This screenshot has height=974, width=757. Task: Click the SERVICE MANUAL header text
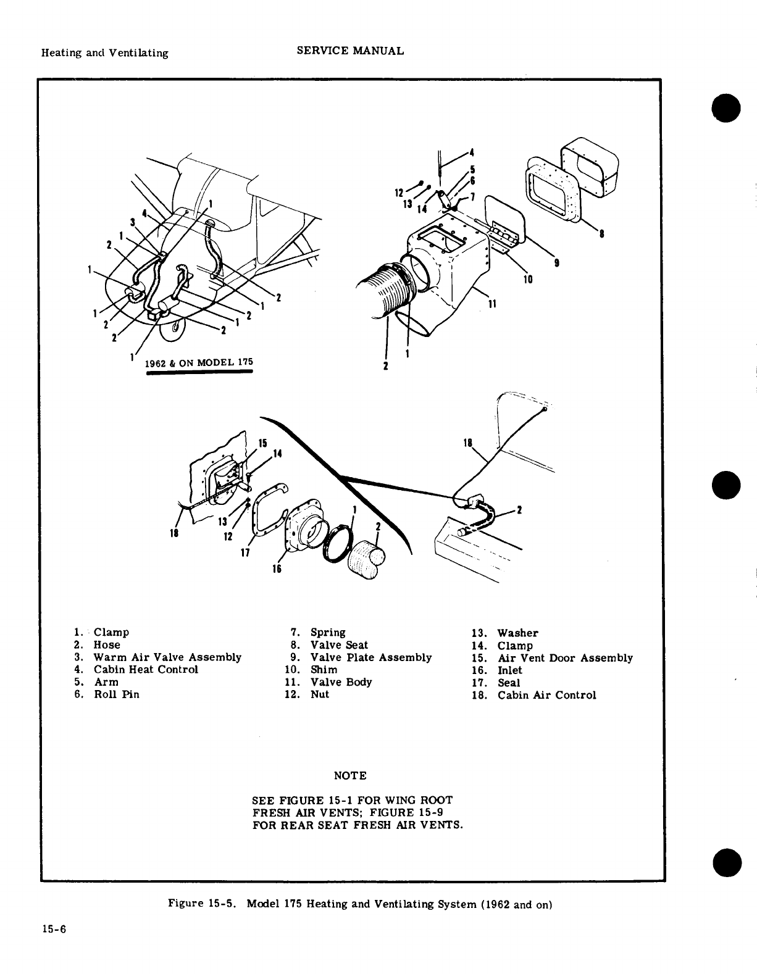pos(350,51)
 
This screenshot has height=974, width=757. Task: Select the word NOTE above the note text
pos(350,775)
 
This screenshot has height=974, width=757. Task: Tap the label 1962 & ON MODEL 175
pos(199,363)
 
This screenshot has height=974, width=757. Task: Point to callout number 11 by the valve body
pos(493,304)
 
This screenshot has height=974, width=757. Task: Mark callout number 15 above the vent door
pos(262,443)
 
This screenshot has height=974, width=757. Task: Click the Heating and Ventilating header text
pos(104,53)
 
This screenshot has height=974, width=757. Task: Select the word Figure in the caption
pos(186,904)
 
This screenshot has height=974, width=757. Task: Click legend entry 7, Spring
pos(327,633)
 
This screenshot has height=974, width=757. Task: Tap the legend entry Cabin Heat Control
pos(146,670)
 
